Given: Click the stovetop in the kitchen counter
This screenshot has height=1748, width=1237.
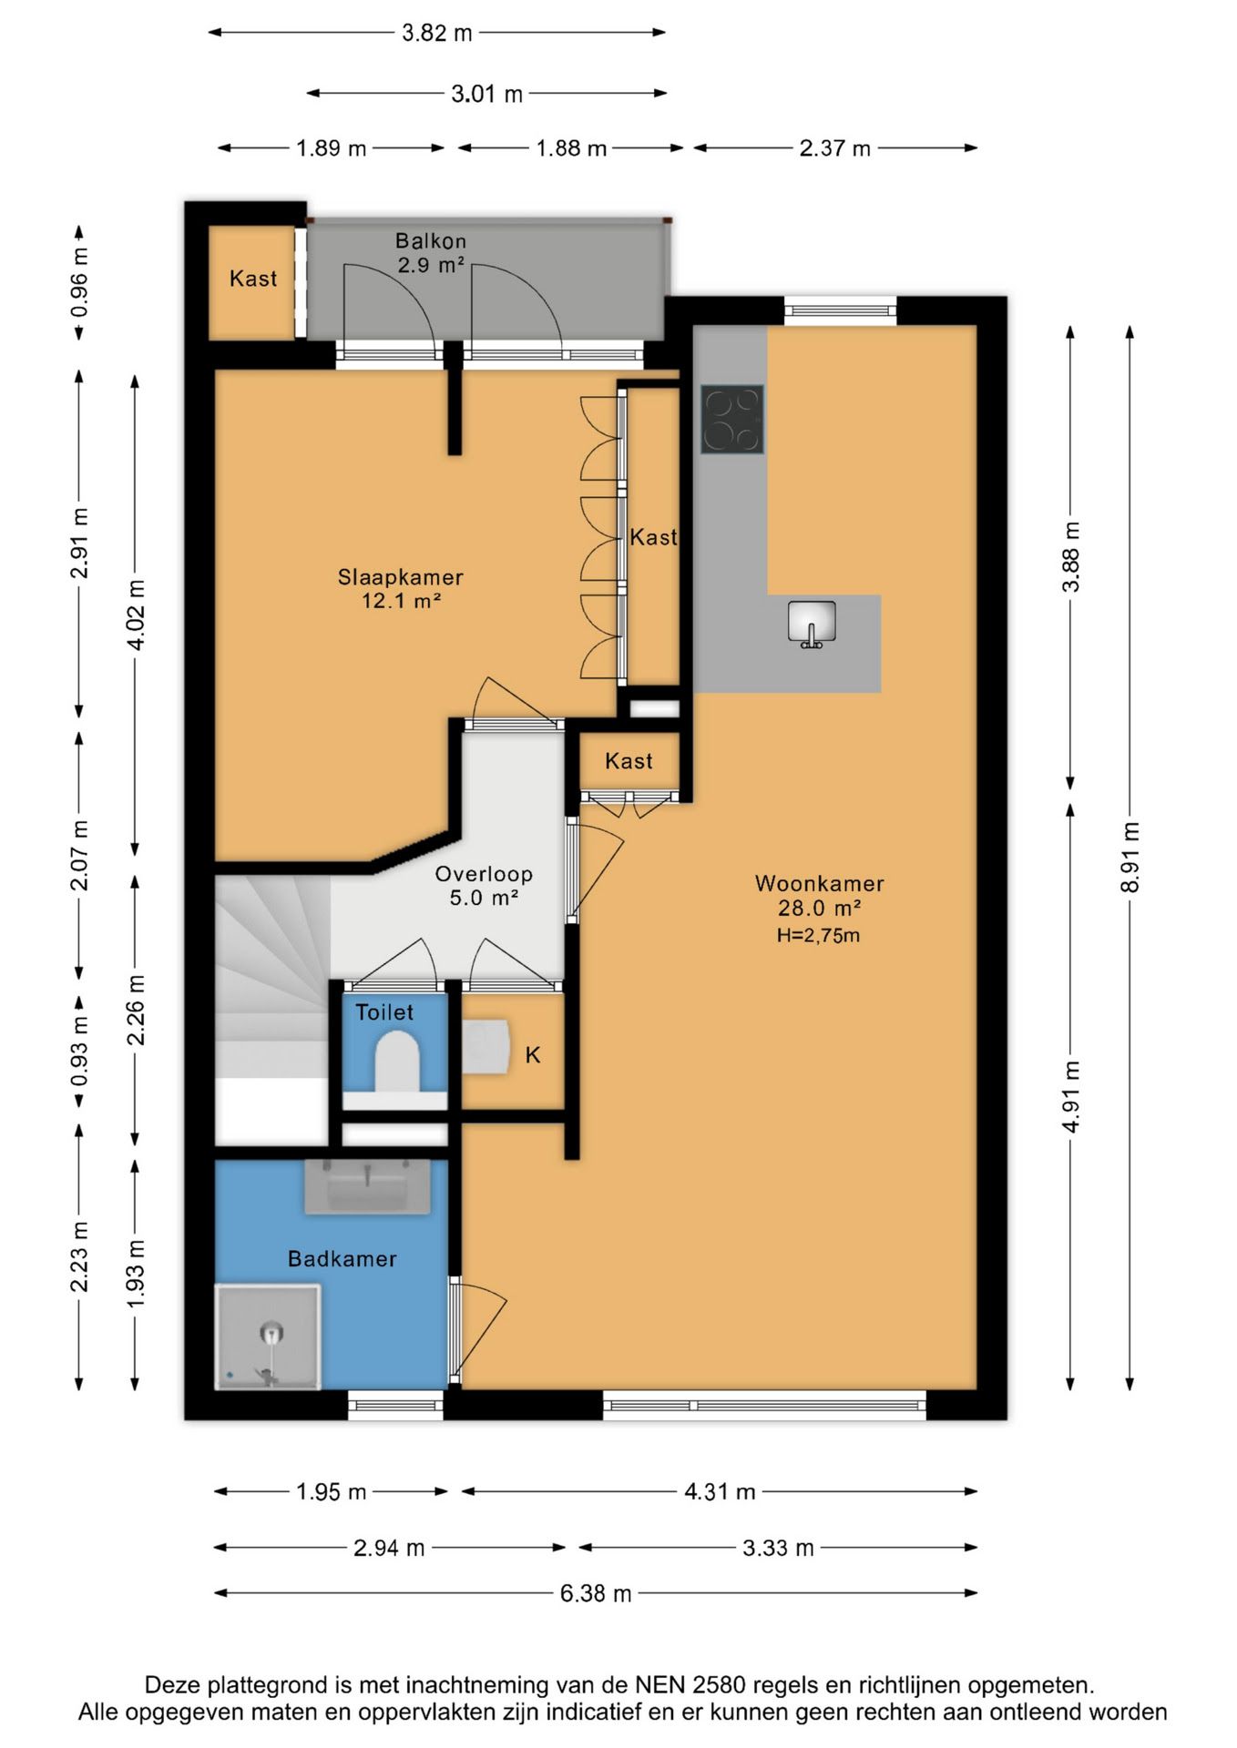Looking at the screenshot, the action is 731,420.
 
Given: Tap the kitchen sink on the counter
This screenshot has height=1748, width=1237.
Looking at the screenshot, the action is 812,624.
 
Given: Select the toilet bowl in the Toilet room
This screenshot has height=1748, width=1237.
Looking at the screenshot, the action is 396,1062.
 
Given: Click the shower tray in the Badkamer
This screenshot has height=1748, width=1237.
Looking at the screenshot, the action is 268,1336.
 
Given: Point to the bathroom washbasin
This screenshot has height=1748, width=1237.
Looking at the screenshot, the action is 367,1186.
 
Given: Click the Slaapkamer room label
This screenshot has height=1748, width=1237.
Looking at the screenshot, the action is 400,577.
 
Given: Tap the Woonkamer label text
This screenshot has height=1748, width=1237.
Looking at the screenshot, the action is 820,883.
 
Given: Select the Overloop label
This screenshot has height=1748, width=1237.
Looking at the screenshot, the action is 484,874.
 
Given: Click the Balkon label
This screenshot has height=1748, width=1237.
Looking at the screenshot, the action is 431,241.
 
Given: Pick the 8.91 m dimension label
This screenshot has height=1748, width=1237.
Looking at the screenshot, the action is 1130,858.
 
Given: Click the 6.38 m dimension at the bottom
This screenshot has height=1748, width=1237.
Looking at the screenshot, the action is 596,1593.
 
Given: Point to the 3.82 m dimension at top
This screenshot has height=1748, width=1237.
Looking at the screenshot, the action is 437,33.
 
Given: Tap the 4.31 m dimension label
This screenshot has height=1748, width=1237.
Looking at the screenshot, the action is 720,1491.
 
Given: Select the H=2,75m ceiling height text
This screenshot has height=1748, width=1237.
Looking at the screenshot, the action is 818,935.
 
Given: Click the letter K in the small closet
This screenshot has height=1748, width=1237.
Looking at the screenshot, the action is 533,1054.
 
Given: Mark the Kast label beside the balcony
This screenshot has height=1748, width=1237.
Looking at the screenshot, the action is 253,279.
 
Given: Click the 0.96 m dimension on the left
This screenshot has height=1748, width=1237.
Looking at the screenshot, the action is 80,283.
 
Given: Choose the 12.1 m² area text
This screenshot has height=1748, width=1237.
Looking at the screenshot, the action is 402,601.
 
